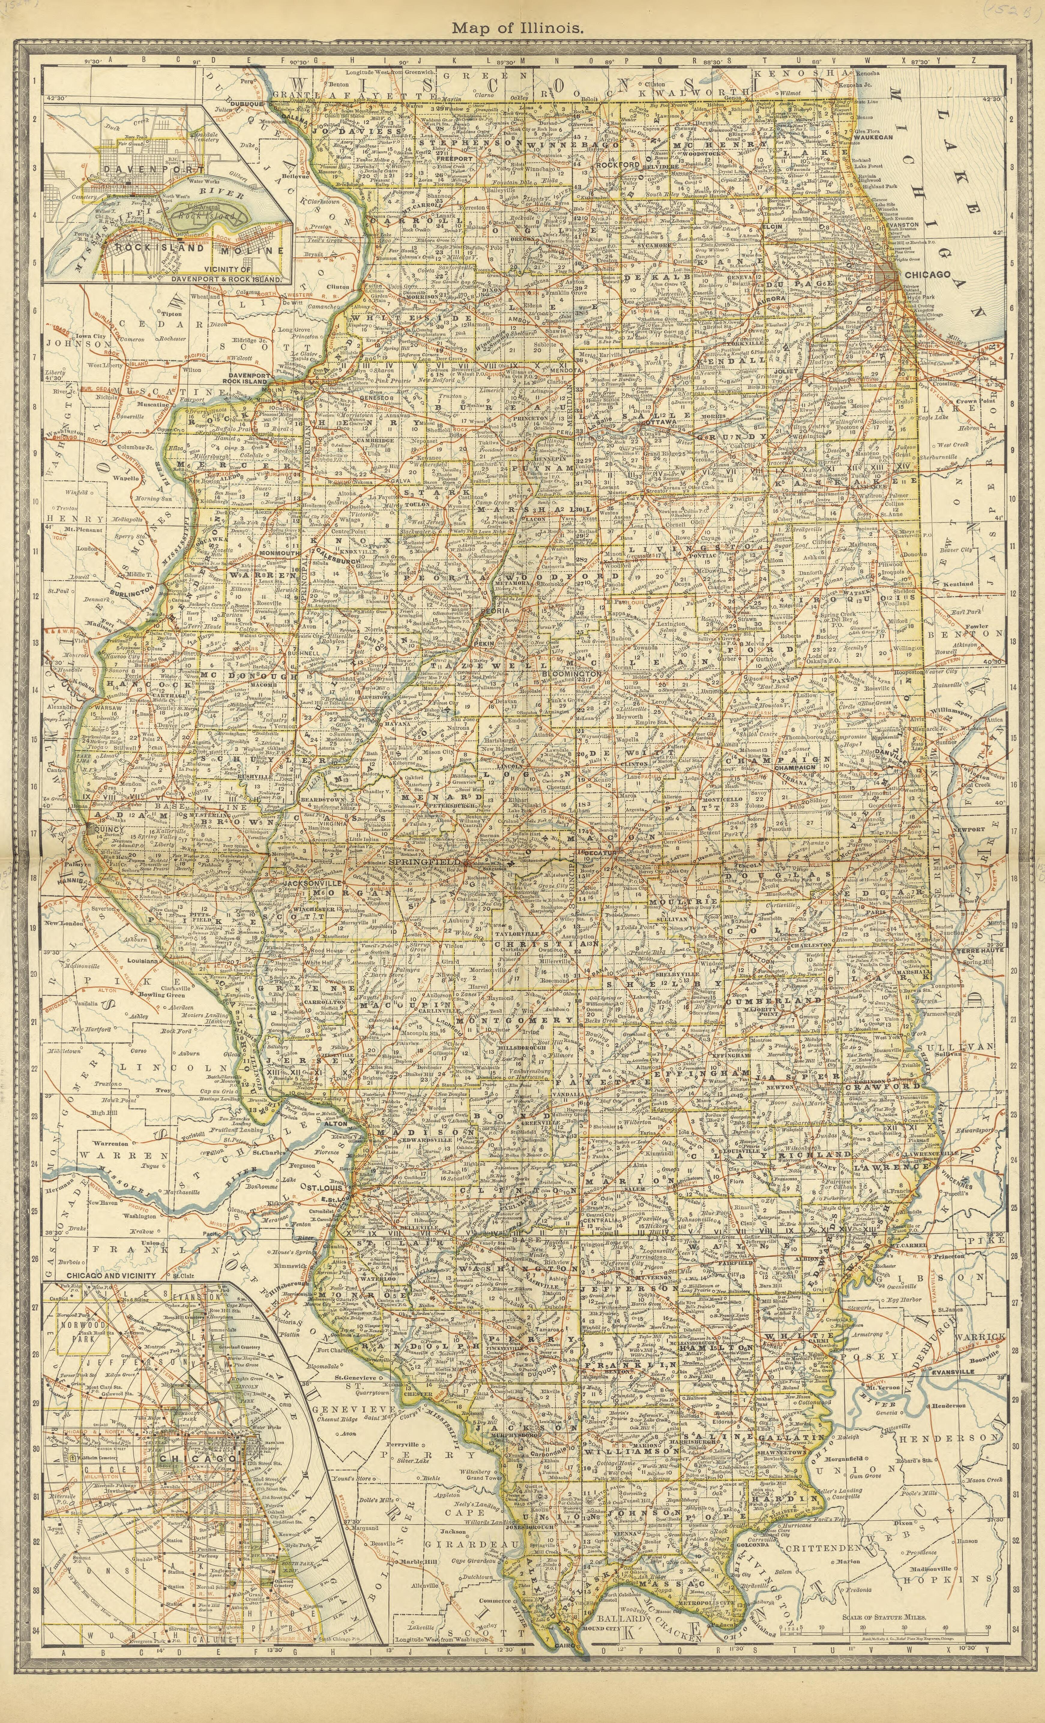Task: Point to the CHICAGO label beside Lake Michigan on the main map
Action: pyautogui.click(x=927, y=275)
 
